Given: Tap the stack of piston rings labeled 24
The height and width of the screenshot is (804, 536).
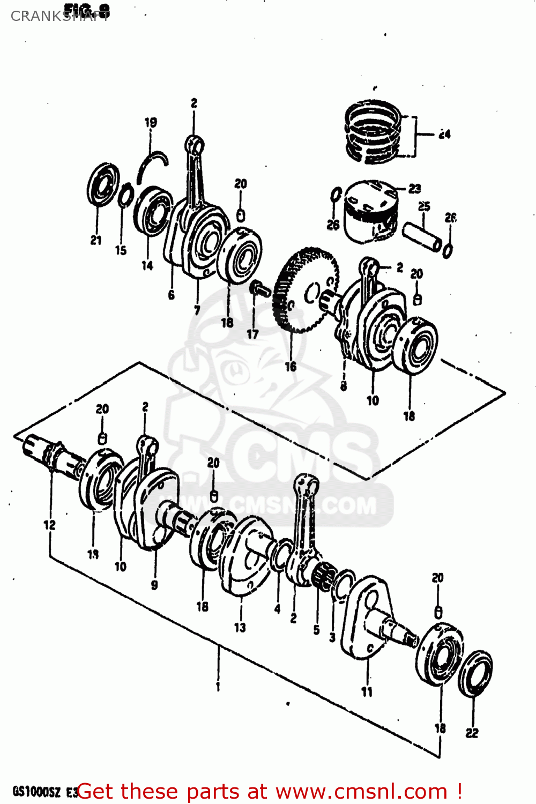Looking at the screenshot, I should point(373,132).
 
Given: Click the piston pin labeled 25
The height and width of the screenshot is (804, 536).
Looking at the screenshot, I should point(423,236).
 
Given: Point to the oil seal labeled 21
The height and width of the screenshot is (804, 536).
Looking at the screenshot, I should point(102,185).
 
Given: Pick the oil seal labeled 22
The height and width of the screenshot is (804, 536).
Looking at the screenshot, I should point(475,674).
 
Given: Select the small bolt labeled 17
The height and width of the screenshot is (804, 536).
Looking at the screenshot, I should point(260,288).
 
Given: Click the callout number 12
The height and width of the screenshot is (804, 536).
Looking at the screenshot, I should point(49,525).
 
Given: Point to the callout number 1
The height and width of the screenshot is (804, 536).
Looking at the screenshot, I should point(218,687).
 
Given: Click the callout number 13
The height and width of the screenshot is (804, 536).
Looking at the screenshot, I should point(240,627).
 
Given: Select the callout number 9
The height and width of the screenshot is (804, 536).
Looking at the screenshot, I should point(154,585).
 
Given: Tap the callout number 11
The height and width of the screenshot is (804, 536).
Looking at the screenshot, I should point(367,692).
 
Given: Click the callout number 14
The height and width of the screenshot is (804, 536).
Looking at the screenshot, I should point(147,265).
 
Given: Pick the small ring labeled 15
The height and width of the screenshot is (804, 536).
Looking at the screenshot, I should point(125,195).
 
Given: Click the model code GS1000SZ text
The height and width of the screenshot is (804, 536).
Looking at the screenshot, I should point(36,792).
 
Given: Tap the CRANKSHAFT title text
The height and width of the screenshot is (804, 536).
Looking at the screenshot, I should point(59,16).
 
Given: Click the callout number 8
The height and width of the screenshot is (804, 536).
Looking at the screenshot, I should point(344,385).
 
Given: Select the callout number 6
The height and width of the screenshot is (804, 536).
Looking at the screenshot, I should point(171,295).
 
